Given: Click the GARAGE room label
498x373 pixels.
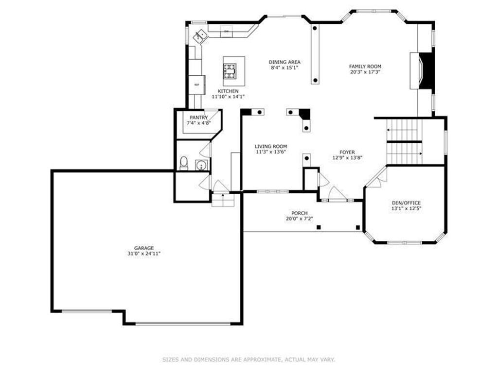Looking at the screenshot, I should pos(144,248).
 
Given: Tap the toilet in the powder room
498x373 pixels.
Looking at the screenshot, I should pos(184,163).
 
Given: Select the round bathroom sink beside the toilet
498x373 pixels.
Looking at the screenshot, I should pos(201,165).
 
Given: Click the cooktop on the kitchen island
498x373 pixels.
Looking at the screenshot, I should pos(230,71).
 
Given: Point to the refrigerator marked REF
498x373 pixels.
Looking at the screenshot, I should pos(197,85).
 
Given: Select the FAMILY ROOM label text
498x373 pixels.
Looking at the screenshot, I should pos(365,67).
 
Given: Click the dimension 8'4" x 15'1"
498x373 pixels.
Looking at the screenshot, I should pos(285,68).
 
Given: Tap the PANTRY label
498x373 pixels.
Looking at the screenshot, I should pos(198,118).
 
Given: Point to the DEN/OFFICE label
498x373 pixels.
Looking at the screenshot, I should pos(406,203).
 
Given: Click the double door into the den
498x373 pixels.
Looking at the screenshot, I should pos(376,178).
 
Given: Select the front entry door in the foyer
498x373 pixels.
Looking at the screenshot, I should pos(337,195).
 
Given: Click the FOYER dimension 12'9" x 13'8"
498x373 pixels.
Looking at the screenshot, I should pos(347,158).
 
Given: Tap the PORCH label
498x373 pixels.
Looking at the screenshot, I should pos(299,213).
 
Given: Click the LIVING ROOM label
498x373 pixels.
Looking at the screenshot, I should pos(271,146).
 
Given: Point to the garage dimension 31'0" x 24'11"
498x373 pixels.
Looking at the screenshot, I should pos(144,254).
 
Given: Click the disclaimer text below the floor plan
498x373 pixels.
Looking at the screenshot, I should pos(249,360).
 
